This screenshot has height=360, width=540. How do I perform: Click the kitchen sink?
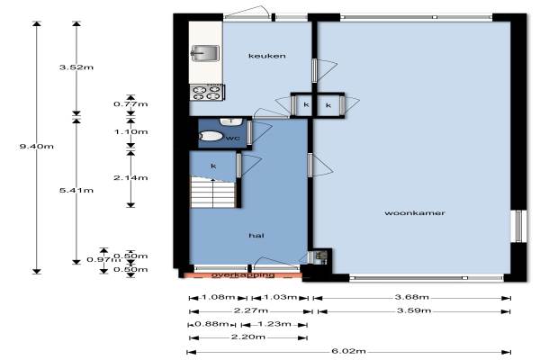point(205,53)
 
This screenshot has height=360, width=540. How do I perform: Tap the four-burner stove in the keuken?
point(207,93)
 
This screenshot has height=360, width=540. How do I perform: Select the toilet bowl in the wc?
point(211,137)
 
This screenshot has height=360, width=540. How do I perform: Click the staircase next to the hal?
point(213,193)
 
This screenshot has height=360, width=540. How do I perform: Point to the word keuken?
point(267,56)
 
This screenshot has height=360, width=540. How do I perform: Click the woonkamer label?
point(415,213)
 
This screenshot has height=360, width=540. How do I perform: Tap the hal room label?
point(256,235)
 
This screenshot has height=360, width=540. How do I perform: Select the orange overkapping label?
point(243,274)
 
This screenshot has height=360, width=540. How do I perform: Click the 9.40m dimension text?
point(37,147)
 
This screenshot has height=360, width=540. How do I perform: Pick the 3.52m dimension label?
point(76,67)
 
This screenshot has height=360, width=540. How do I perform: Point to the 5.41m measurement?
point(76,190)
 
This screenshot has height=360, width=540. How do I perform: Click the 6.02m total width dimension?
point(348,351)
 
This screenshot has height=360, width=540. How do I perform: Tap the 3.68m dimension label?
point(412,297)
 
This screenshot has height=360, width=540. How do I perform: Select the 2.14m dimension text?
point(130,178)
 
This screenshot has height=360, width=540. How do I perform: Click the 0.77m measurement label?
point(130,104)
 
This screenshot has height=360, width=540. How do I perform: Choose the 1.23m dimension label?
point(274,324)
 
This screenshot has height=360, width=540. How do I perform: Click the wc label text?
point(233,139)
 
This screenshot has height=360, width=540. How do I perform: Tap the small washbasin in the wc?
point(231,121)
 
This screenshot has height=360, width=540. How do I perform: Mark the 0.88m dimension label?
point(211,324)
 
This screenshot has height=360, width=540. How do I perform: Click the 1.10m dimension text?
point(130,132)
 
